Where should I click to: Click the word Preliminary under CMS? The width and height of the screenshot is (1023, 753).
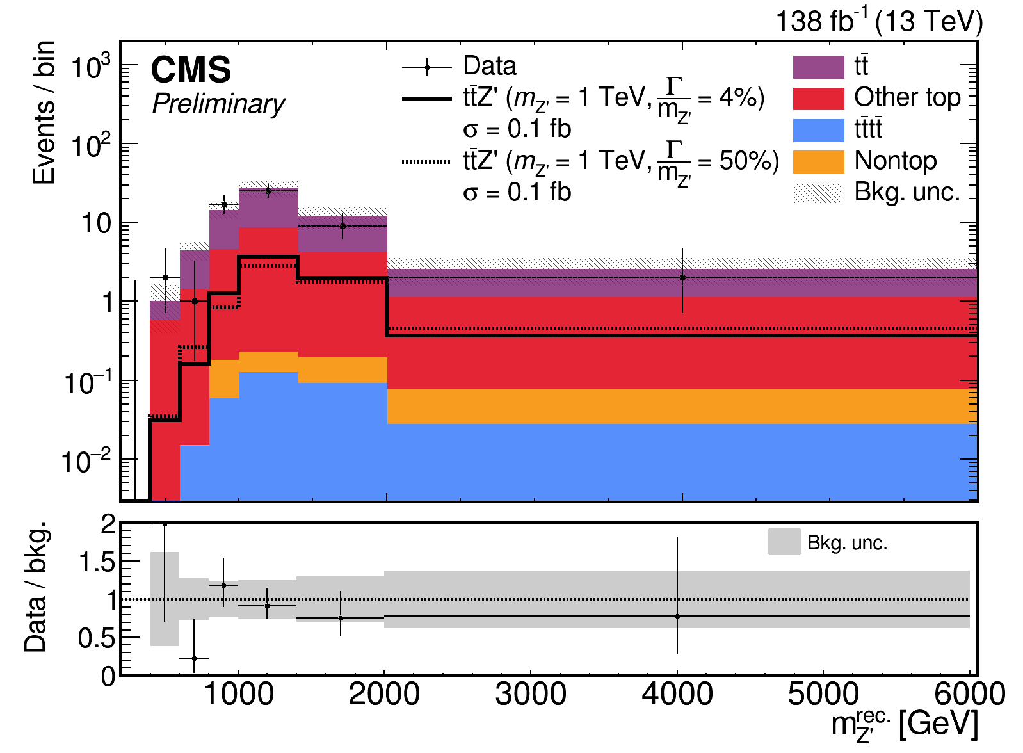coord(218,104)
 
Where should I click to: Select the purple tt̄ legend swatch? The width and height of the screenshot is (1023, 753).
coord(818,67)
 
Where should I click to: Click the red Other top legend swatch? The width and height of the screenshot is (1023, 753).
coord(818,98)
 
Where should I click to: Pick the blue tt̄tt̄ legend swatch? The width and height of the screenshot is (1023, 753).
coord(818,130)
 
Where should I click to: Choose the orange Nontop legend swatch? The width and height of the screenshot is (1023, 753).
coord(818,161)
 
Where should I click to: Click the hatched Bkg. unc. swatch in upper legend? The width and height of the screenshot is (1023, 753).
coord(818,193)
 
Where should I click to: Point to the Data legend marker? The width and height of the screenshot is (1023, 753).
coord(427,67)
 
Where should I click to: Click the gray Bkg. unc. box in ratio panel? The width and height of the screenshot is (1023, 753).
coord(784,542)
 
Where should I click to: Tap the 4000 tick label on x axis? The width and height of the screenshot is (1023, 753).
coord(677,694)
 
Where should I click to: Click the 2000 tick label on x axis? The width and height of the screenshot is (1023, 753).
coord(384,694)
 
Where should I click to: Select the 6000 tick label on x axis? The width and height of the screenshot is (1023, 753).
coord(969,694)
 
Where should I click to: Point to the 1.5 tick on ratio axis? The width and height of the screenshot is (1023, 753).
coord(98,562)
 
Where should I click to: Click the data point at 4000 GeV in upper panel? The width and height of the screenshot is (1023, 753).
coord(682,277)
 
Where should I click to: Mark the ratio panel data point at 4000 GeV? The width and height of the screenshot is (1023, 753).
coord(677,616)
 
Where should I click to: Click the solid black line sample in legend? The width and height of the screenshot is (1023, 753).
coord(427,99)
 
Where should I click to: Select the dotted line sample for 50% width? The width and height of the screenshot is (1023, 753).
coord(427,162)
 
